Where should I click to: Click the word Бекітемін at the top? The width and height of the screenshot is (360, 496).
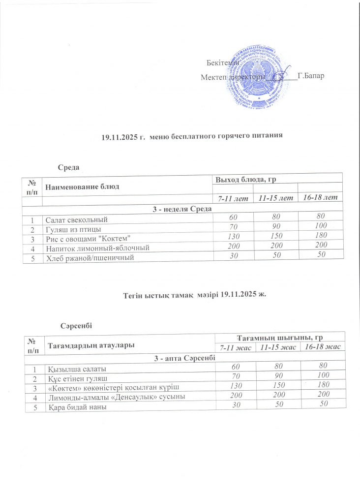click(x=222, y=63)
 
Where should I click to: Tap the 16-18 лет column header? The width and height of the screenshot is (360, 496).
click(x=320, y=197)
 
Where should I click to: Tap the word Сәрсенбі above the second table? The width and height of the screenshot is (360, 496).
click(x=76, y=326)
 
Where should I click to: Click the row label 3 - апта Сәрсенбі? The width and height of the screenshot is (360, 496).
click(x=184, y=358)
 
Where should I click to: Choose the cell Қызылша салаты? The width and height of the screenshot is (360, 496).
click(x=77, y=369)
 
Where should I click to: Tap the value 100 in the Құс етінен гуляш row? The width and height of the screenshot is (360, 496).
click(x=323, y=378)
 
